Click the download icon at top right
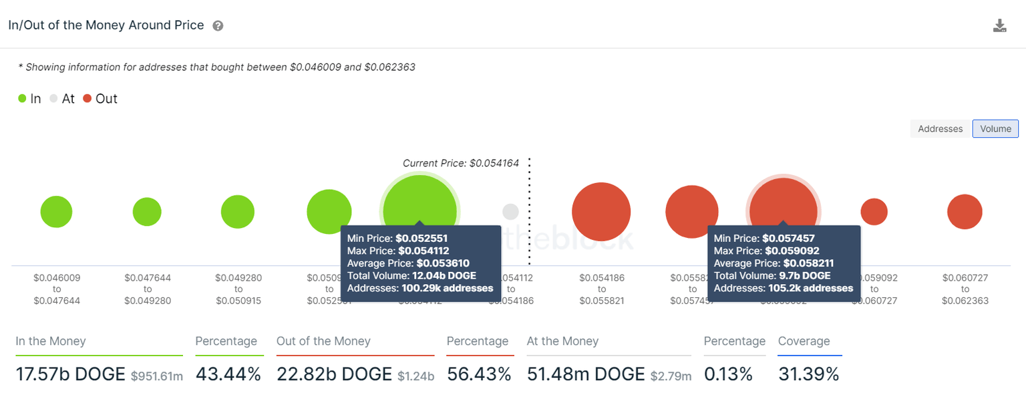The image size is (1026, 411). point(999,26)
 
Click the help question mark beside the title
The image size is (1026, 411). point(218,26)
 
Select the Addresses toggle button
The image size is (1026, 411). point(940,128)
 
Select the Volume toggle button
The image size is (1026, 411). point(995,128)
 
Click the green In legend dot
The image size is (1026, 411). point(23,99)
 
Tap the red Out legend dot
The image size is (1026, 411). point(87,99)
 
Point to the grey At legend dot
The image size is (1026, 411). point(54,99)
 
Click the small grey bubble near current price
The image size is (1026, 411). point(510,212)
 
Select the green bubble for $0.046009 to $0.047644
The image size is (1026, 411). point(56,212)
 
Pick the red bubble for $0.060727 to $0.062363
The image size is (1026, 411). point(965,212)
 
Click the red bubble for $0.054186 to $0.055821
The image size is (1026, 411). point(601,212)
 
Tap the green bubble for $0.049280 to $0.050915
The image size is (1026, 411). point(238,212)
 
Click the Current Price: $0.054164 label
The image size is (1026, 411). point(460,163)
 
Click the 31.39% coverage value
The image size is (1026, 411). point(808,374)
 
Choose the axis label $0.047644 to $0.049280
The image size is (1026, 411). point(147,289)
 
